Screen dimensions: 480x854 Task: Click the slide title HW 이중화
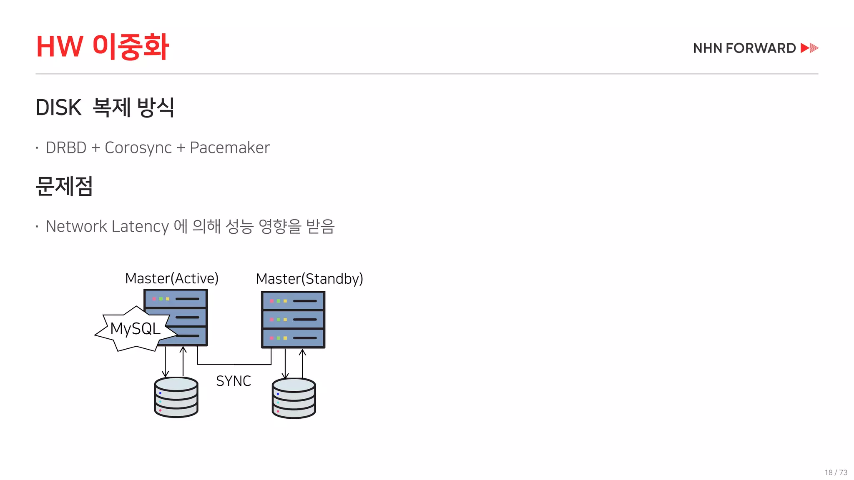103,46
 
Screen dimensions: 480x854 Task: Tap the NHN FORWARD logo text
744,48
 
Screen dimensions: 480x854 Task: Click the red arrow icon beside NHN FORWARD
809,48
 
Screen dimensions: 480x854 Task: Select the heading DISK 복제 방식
105,107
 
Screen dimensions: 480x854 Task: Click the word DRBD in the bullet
66,148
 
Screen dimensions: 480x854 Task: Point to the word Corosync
138,148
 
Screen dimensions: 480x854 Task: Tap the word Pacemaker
230,148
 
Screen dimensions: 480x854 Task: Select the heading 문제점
64,186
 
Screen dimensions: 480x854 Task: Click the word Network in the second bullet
76,227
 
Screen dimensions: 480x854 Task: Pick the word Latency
140,227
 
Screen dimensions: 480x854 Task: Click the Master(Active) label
172,278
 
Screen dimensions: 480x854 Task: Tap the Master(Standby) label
309,279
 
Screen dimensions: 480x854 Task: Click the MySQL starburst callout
135,329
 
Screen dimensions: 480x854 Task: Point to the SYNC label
234,381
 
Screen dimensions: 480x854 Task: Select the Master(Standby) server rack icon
293,320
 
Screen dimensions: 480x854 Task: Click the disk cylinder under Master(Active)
176,397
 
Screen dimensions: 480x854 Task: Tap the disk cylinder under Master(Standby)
294,398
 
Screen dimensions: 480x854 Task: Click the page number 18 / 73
836,472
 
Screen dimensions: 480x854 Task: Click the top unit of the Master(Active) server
176,299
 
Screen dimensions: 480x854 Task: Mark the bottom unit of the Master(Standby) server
293,338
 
